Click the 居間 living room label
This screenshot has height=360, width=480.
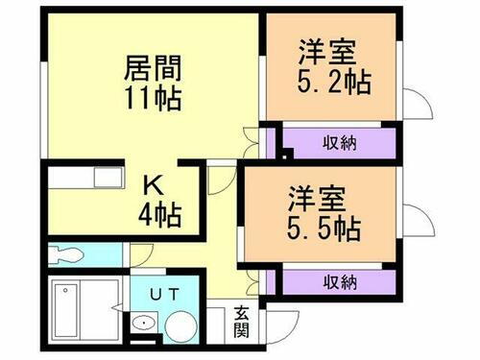click(x=153, y=70)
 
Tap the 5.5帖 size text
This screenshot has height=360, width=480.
click(x=324, y=229)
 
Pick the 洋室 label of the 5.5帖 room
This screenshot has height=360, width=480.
click(x=312, y=201)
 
